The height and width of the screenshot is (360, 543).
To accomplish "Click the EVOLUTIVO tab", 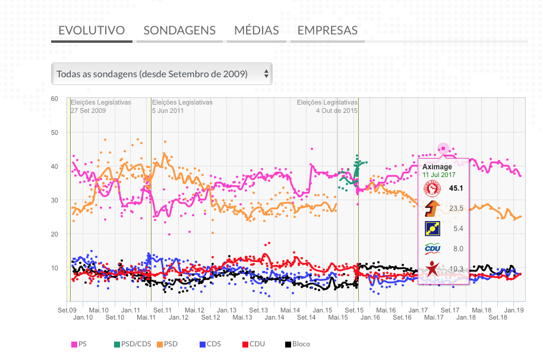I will (x=91, y=30).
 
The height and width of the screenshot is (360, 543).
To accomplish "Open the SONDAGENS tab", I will (x=179, y=30).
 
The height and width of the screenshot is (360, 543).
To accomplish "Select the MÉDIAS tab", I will (x=256, y=30).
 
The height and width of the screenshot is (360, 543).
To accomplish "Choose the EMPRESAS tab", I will (x=327, y=30).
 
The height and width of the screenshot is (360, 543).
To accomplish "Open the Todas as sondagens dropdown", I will (x=162, y=74).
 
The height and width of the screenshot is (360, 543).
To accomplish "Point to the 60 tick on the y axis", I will (x=54, y=99).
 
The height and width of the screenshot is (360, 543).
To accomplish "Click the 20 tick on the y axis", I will (x=54, y=234).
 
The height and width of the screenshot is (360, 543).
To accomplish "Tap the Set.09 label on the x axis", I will (x=67, y=310).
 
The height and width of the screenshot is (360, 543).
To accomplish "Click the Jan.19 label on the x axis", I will (x=513, y=310).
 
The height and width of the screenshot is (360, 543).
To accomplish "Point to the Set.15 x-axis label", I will (x=355, y=310).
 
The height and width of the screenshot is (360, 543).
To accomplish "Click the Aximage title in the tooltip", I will (x=437, y=167).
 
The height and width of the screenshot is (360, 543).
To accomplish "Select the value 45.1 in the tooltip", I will (x=456, y=189).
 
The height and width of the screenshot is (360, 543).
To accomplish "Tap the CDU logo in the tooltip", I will (x=432, y=248).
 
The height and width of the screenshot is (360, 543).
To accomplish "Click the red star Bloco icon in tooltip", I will (x=432, y=269).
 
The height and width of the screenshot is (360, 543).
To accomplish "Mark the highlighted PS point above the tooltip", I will (x=442, y=148).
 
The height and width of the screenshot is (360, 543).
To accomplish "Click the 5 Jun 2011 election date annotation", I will (x=168, y=110).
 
